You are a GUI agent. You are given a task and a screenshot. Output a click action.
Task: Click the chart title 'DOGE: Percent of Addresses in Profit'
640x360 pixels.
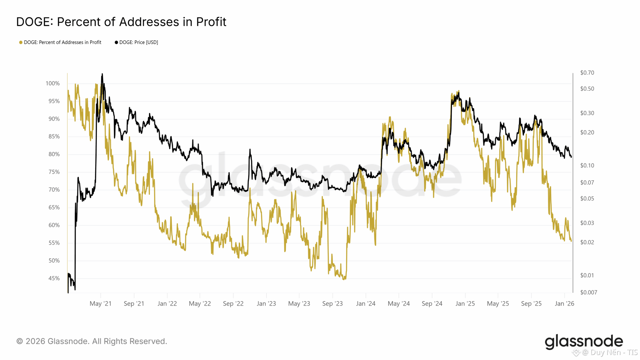(121, 22)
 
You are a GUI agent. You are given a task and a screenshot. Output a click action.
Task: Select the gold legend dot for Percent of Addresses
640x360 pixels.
(21, 42)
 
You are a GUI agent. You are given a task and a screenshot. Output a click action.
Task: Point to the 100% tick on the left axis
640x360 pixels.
(52, 83)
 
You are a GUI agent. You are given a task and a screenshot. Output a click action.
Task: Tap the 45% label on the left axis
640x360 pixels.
(54, 278)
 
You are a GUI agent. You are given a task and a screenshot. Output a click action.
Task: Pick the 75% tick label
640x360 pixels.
(54, 172)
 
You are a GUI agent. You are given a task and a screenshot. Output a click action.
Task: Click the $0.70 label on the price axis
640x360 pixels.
(587, 73)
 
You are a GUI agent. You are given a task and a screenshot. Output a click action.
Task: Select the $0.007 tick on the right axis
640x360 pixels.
(588, 292)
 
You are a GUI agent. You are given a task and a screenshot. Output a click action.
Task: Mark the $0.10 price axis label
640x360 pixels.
(587, 166)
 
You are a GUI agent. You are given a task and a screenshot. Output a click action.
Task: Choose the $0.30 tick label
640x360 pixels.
(587, 113)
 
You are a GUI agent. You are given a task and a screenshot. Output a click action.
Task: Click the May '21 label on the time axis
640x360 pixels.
(100, 304)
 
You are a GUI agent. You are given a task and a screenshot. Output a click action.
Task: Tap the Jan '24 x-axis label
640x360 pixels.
(366, 304)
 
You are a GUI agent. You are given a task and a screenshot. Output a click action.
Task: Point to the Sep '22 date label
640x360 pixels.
(233, 304)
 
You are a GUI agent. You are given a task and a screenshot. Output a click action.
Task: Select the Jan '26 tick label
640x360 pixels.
(564, 304)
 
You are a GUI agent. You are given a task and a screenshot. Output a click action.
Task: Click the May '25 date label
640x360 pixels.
(498, 304)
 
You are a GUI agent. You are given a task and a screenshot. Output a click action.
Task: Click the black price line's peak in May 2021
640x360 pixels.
(102, 74)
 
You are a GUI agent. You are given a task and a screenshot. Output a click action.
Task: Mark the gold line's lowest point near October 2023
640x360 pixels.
(344, 279)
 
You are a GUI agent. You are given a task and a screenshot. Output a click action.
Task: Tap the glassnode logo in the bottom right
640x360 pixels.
(584, 342)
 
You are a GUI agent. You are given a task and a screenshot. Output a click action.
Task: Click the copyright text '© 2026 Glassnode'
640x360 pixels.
(92, 341)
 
